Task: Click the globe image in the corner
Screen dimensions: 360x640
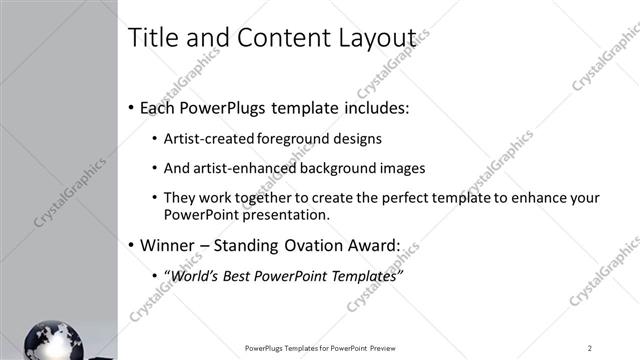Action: [x=52, y=340]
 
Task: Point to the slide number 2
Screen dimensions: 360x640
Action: [x=590, y=348]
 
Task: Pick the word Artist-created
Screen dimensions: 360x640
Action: [x=209, y=138]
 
